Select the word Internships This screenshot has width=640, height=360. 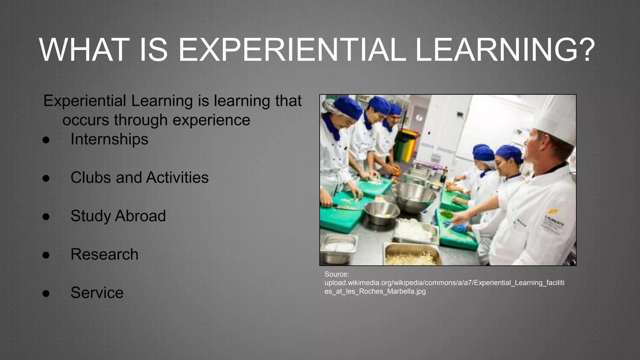pyautogui.click(x=109, y=139)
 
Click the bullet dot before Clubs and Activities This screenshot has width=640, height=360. pyautogui.click(x=46, y=178)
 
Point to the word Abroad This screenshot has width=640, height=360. pyautogui.click(x=140, y=216)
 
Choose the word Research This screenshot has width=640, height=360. pyautogui.click(x=104, y=254)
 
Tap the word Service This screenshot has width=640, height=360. pyautogui.click(x=97, y=293)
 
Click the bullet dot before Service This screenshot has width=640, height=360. pyautogui.click(x=46, y=293)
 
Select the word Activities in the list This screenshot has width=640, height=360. pyautogui.click(x=177, y=177)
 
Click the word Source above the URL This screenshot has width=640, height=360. pyautogui.click(x=337, y=274)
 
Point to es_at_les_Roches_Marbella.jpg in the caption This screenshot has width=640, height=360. pyautogui.click(x=375, y=291)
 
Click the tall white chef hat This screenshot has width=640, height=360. pyautogui.click(x=556, y=119)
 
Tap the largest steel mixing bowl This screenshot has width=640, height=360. pyautogui.click(x=414, y=197)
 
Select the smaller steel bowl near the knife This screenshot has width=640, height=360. pyautogui.click(x=382, y=212)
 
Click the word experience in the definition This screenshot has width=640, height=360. pyautogui.click(x=211, y=120)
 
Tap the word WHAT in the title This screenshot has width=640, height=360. pyautogui.click(x=84, y=50)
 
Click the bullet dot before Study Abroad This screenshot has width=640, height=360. pyautogui.click(x=46, y=217)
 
